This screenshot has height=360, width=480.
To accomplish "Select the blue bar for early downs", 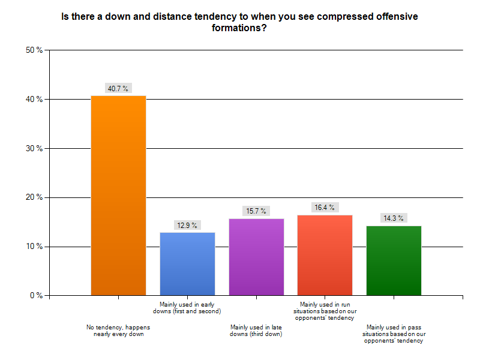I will [187, 263].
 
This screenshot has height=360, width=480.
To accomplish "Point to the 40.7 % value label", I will [118, 88].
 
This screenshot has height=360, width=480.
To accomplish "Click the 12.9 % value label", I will [187, 225].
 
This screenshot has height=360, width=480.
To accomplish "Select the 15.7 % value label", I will [256, 211].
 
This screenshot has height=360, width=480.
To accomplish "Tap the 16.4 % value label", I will [325, 207].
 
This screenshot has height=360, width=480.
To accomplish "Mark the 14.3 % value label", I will [394, 218].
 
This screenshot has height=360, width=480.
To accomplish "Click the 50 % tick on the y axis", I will [34, 50].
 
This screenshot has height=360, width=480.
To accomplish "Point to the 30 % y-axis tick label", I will [34, 148].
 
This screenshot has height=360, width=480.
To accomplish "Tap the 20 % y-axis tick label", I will [34, 197].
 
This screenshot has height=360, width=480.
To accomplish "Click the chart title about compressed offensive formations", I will [240, 22].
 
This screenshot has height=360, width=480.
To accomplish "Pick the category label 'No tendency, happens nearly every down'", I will [118, 331].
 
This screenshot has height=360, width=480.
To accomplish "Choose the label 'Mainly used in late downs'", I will [256, 331].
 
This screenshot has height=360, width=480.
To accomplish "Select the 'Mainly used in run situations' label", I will [325, 311].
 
